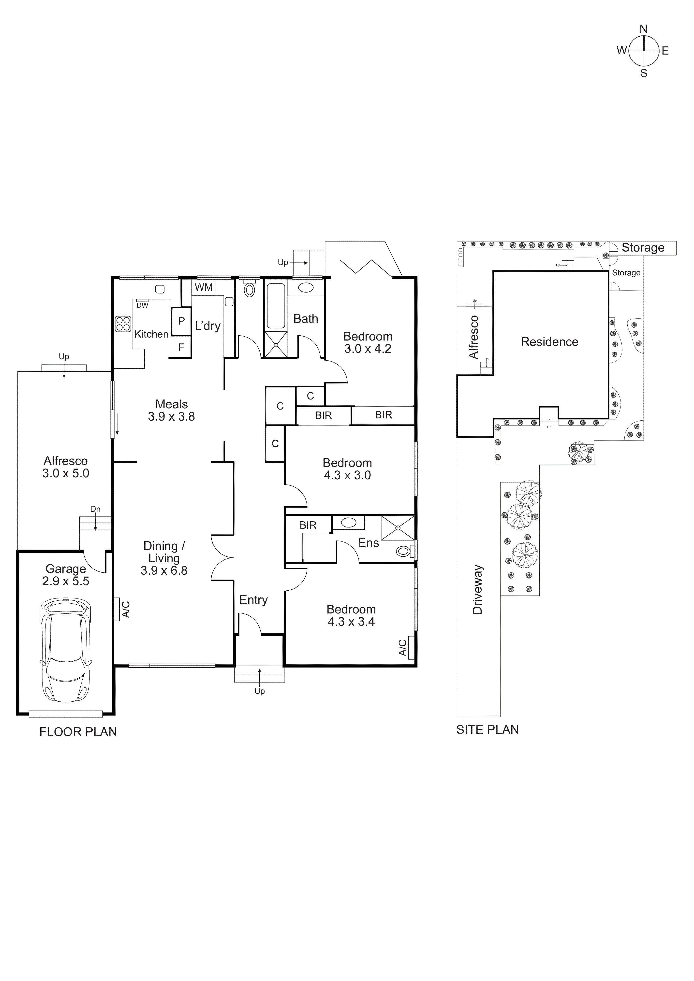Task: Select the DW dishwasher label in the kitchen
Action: (x=142, y=305)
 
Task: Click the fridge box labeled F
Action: (x=181, y=347)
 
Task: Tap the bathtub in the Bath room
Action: (x=276, y=305)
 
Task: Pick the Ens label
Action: (x=368, y=543)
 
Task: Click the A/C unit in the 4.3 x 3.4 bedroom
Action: (x=411, y=647)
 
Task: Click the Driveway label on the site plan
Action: (x=478, y=590)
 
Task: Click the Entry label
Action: (x=253, y=600)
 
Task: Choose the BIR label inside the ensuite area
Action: (x=308, y=525)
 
